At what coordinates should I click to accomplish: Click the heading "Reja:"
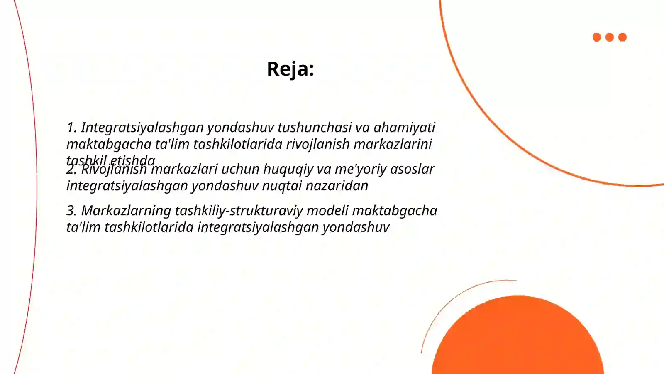(x=290, y=69)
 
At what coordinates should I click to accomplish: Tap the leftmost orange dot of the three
(x=597, y=37)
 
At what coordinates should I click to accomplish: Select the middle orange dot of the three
(x=610, y=37)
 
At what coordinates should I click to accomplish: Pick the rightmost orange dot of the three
(x=622, y=37)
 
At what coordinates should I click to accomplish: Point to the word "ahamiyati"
(x=404, y=128)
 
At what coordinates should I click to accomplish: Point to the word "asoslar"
(x=412, y=169)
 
